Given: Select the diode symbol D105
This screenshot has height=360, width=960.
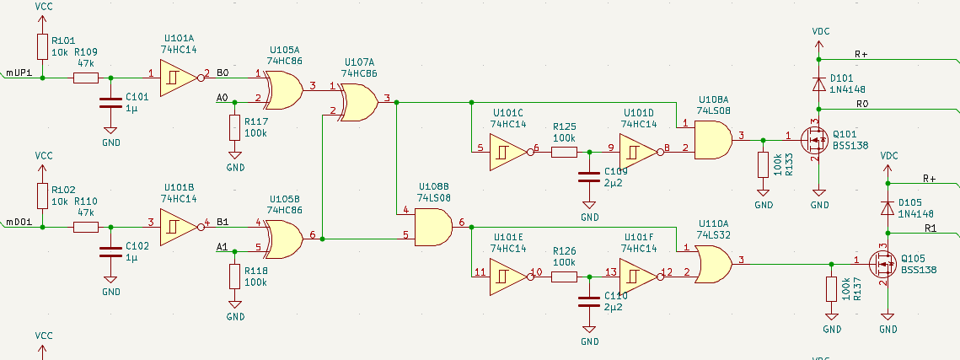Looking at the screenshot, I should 887,207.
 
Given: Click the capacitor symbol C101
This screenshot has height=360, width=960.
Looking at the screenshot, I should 110,105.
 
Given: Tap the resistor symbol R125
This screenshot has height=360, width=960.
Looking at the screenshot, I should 564,153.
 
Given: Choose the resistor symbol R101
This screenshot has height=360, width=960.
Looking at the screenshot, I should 42,46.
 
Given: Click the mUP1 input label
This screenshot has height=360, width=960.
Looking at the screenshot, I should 19,73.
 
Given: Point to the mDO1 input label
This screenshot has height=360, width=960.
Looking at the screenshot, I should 19,223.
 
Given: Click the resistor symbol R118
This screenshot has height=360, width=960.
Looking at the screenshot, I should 234,276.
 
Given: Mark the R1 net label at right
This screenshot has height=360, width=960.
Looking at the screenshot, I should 931,228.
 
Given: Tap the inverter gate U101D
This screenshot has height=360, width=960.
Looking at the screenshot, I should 638,153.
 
